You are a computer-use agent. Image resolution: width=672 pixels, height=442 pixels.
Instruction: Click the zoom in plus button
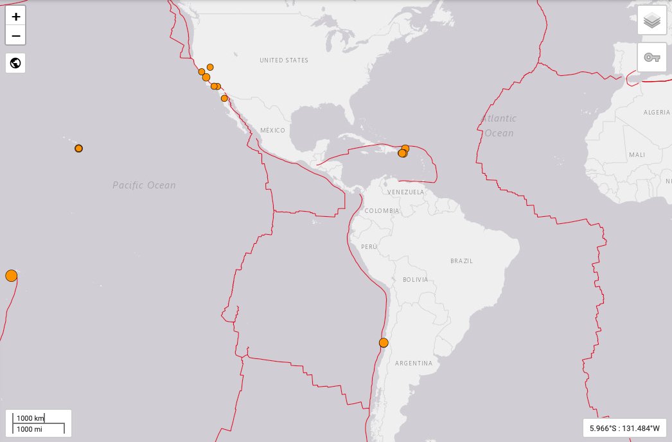pyautogui.click(x=15, y=17)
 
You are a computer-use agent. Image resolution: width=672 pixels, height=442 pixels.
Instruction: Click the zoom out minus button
pyautogui.click(x=15, y=35)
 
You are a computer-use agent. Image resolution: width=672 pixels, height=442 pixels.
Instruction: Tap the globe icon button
pyautogui.click(x=15, y=63)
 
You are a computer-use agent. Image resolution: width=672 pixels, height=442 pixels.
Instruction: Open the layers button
pyautogui.click(x=651, y=21)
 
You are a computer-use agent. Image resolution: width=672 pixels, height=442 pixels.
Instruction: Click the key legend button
pyautogui.click(x=651, y=57)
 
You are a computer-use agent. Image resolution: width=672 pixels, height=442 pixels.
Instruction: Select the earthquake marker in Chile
pyautogui.click(x=384, y=342)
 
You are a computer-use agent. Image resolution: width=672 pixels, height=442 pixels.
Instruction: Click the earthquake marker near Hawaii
pyautogui.click(x=78, y=149)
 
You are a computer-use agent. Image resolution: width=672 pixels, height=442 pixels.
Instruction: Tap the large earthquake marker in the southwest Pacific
pyautogui.click(x=11, y=276)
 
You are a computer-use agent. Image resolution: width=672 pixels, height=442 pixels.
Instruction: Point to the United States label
pyautogui.click(x=284, y=60)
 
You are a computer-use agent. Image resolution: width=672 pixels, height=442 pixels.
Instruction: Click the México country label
pyautogui.click(x=272, y=131)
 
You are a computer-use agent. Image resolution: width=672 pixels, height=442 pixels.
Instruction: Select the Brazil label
pyautogui.click(x=461, y=261)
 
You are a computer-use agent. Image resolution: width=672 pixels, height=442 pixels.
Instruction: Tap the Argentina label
pyautogui.click(x=414, y=364)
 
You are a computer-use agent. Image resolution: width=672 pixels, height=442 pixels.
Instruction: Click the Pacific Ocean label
pyautogui.click(x=144, y=185)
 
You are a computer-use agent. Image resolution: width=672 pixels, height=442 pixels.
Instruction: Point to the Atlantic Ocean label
pyautogui.click(x=499, y=125)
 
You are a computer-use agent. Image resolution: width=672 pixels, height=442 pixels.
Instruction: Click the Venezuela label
pyautogui.click(x=406, y=192)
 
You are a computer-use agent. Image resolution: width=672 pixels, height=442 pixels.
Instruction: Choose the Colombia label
pyautogui.click(x=382, y=211)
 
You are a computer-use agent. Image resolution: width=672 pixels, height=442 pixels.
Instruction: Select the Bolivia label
pyautogui.click(x=415, y=280)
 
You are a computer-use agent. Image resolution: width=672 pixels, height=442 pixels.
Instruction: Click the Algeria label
pyautogui.click(x=657, y=113)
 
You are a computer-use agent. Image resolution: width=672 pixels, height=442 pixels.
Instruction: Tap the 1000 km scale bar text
pyautogui.click(x=30, y=418)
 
